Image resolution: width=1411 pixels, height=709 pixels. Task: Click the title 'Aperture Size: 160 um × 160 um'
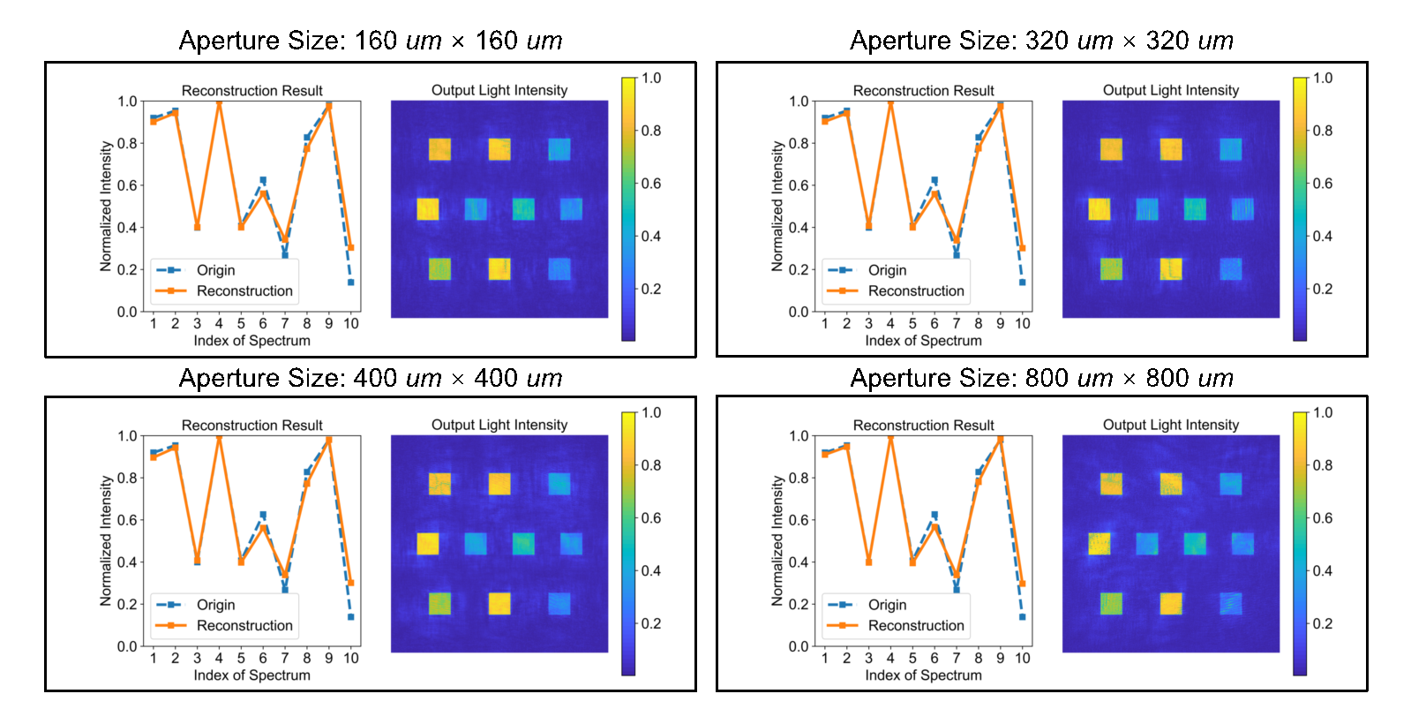click(371, 41)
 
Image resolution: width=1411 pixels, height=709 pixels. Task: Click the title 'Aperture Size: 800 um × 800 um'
click(1041, 378)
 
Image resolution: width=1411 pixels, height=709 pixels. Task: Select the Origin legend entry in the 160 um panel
click(215, 270)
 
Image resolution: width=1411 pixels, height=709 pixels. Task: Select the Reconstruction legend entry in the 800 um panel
click(915, 625)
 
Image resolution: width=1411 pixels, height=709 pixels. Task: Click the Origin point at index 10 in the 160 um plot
click(351, 283)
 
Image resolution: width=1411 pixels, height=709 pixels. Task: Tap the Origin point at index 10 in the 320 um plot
click(1023, 283)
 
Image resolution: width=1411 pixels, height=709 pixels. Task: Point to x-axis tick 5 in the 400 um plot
click(241, 658)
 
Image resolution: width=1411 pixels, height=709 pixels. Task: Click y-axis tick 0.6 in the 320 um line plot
click(799, 185)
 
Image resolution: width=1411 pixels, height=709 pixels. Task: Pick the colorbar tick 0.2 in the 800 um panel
click(1322, 623)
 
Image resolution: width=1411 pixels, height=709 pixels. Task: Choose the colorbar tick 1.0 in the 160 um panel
click(651, 78)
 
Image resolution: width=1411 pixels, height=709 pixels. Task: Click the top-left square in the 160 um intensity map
click(439, 149)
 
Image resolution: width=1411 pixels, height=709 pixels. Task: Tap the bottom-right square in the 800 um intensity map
click(1231, 604)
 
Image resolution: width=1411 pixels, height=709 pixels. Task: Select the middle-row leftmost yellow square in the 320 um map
click(1100, 209)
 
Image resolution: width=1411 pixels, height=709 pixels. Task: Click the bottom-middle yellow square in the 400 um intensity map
click(499, 604)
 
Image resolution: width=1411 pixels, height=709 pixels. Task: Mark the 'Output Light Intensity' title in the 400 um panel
click(499, 425)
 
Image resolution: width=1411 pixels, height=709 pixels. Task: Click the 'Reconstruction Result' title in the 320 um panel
click(923, 90)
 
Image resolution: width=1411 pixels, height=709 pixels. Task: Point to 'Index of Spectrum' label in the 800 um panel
click(923, 675)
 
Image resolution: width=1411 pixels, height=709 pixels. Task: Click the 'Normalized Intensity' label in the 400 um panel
click(106, 540)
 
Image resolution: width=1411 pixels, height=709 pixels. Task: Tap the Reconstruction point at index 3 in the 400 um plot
click(197, 560)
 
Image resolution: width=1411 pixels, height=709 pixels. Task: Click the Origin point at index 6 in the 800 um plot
click(934, 515)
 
